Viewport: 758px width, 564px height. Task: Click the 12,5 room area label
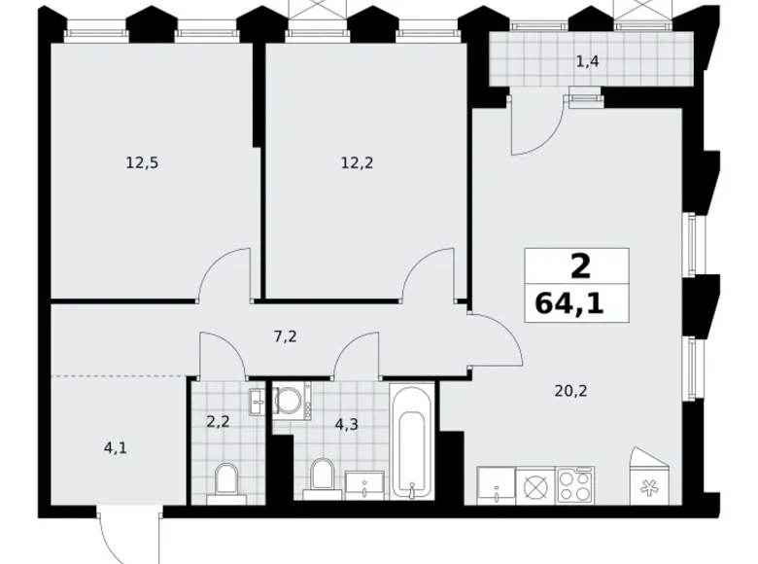(x=141, y=163)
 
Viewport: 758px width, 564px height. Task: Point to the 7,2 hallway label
(x=284, y=337)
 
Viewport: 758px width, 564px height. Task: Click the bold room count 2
(x=580, y=264)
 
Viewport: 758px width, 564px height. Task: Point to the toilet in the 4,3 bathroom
(x=321, y=476)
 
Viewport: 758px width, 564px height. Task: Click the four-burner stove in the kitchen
(x=575, y=483)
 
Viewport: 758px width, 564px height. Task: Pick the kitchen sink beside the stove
(x=495, y=483)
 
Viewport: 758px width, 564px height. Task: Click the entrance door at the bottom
(x=124, y=535)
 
